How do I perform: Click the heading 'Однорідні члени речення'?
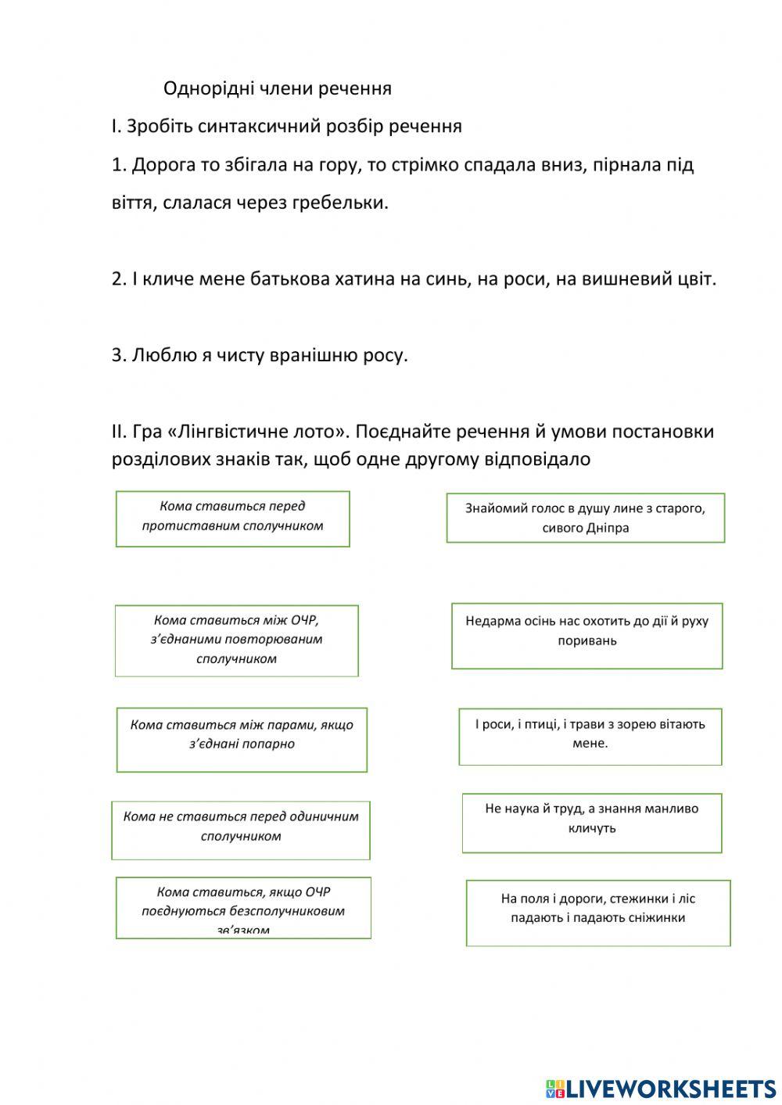[x=277, y=88]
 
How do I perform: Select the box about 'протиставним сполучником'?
[x=232, y=518]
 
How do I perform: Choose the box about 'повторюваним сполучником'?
[x=236, y=640]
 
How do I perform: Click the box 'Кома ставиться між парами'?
[x=242, y=738]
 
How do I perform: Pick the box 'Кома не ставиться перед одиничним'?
[x=240, y=829]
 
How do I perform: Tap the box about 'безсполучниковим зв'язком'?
[x=243, y=907]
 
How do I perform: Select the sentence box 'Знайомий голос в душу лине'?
[x=585, y=518]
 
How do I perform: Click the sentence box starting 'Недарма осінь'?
[x=586, y=635]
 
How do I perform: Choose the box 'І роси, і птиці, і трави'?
[x=590, y=736]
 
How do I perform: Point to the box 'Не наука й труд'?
[x=591, y=822]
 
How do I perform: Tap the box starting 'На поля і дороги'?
[x=597, y=912]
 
